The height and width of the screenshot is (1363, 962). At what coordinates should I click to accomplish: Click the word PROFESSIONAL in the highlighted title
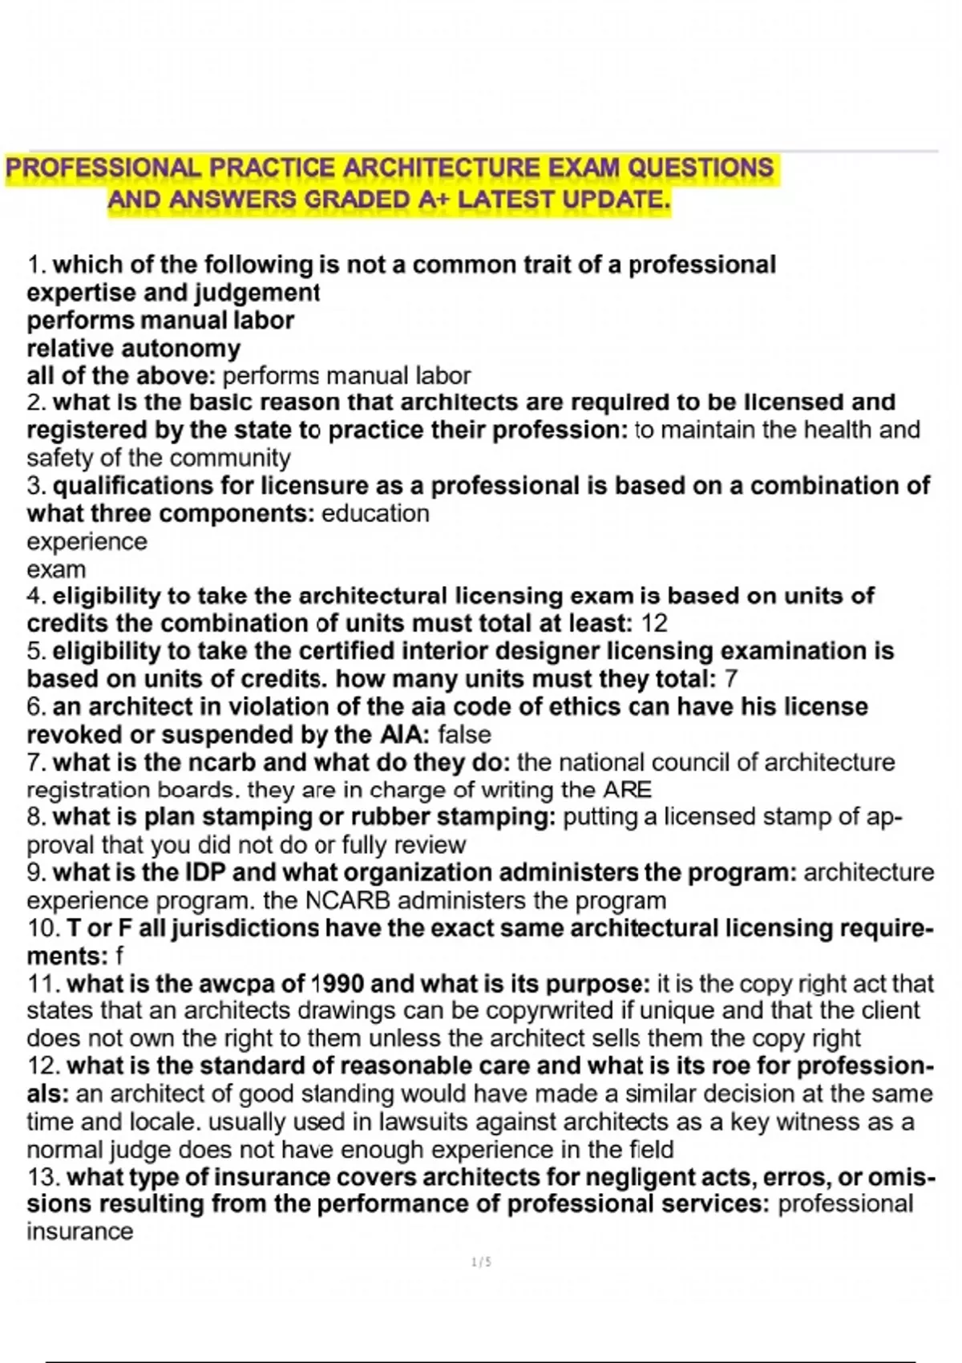click(x=103, y=168)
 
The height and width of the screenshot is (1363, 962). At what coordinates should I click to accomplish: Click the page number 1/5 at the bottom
click(x=482, y=1262)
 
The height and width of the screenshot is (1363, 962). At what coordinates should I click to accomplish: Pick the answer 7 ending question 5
click(x=730, y=679)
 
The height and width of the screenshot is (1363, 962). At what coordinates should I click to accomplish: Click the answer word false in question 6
click(x=465, y=734)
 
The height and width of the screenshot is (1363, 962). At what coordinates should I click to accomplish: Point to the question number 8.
click(x=36, y=817)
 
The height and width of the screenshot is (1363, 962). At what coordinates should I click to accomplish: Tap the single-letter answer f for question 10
click(x=119, y=956)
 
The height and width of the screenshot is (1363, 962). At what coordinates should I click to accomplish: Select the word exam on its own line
click(x=56, y=570)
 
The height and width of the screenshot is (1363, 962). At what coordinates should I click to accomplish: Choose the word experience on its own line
click(x=87, y=542)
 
